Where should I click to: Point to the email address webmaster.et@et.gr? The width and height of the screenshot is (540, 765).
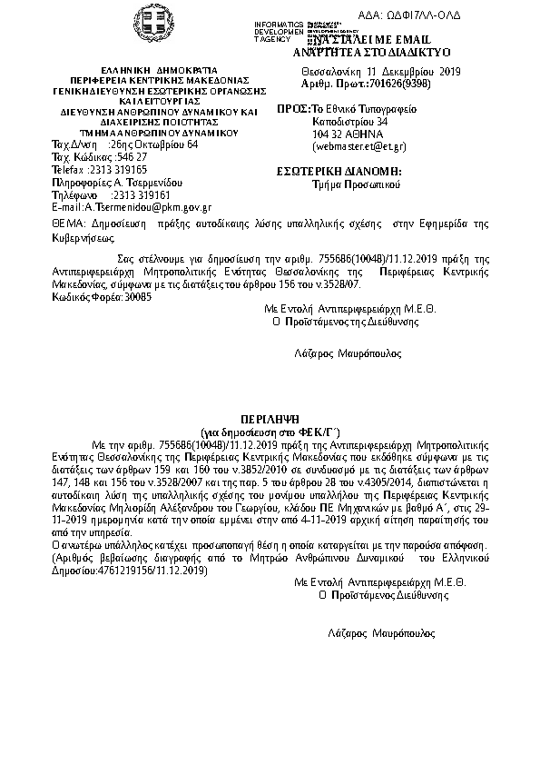tap(358, 145)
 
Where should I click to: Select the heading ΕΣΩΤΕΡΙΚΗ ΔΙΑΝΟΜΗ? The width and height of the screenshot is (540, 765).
tap(339, 171)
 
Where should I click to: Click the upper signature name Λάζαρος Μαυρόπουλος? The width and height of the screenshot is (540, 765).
tap(348, 353)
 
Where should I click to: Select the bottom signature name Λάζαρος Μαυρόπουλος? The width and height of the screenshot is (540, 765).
tap(381, 631)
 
